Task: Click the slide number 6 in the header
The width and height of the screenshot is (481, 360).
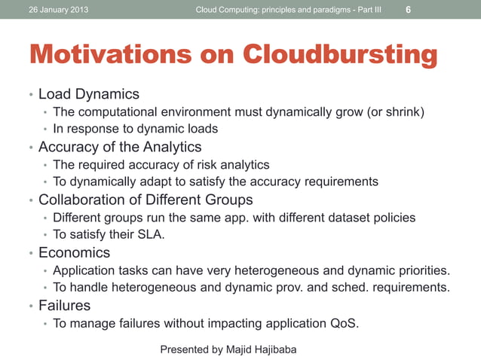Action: pos(408,11)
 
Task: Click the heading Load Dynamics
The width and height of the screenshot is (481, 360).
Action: pos(89,94)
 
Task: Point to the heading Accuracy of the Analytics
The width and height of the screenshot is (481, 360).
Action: pos(120,147)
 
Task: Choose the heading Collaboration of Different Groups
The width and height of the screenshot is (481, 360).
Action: pos(146,200)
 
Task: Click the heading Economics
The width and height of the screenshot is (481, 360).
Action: pos(74,252)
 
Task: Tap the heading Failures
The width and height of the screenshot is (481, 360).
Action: pos(64,305)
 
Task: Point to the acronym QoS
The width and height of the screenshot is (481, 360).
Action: pos(344,325)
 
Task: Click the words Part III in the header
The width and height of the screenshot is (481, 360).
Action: pos(366,10)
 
